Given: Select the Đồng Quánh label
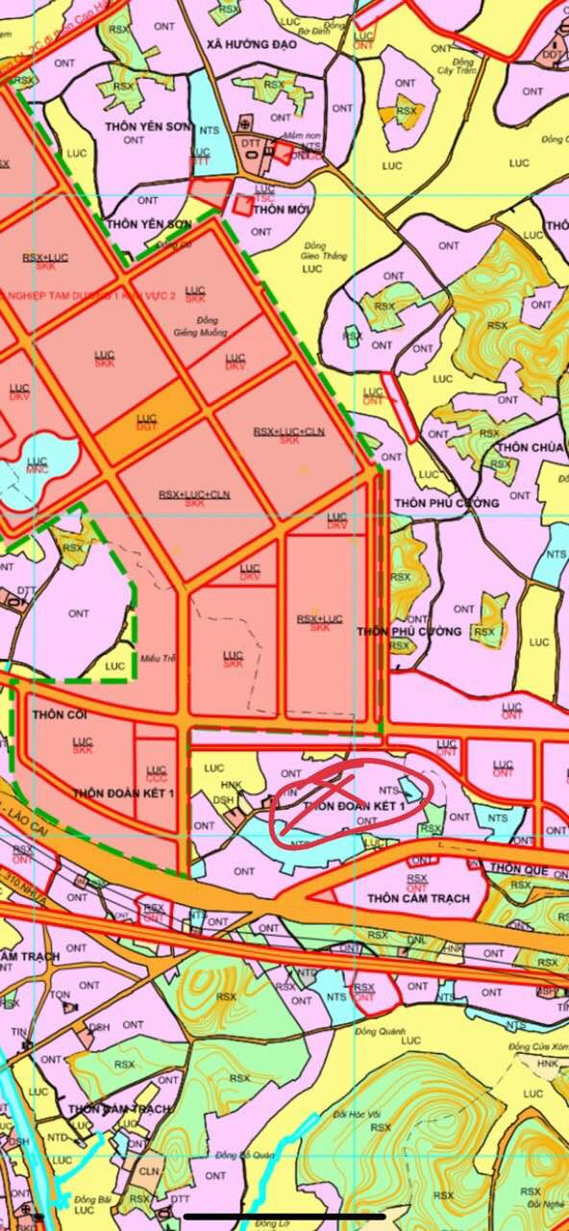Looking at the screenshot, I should pyautogui.click(x=375, y=1032).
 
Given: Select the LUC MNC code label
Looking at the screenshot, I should pyautogui.click(x=37, y=466).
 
